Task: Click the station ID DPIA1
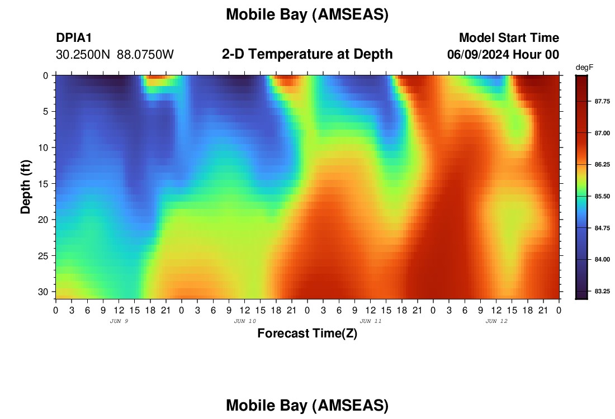coord(74,37)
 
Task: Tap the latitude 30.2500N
coord(83,55)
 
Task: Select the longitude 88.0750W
coord(145,55)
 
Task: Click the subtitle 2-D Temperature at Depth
coord(307,54)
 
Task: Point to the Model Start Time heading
coord(509,37)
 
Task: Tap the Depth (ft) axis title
coord(26,187)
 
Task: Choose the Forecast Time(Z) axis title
coord(307,333)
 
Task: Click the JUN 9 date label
coord(119,321)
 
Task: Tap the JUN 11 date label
coord(371,321)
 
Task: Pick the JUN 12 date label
coord(496,321)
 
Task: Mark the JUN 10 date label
coord(245,321)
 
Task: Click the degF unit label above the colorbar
coord(584,68)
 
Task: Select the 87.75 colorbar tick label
coord(602,102)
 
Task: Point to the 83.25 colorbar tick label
coord(602,291)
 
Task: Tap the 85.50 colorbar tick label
coord(602,196)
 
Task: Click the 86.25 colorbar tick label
coord(602,165)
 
